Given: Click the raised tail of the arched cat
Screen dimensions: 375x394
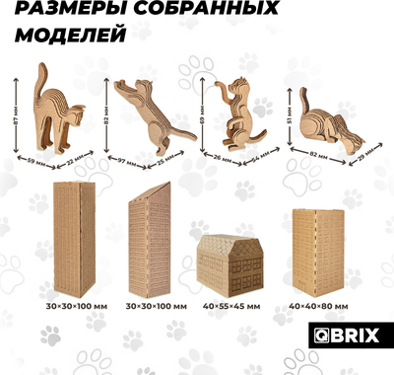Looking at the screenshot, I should [x=41, y=73].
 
